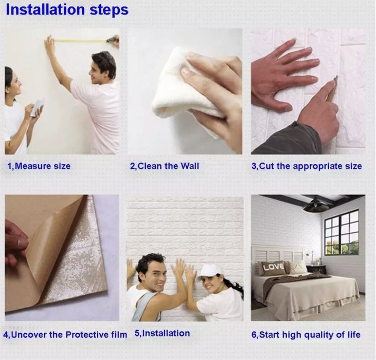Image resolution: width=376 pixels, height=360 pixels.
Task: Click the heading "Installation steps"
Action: click(x=67, y=10)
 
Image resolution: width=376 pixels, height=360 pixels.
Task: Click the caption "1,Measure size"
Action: click(x=39, y=166)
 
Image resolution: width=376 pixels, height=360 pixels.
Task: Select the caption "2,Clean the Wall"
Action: click(x=165, y=166)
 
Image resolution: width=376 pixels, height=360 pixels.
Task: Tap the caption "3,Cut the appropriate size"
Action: click(x=307, y=166)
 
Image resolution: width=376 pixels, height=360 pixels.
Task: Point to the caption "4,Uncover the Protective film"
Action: click(x=65, y=335)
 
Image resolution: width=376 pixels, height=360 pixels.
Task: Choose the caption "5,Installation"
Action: click(x=162, y=333)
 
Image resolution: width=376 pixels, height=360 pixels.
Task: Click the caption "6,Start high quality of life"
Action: click(x=306, y=335)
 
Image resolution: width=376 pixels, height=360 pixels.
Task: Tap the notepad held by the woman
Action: click(x=37, y=107)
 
